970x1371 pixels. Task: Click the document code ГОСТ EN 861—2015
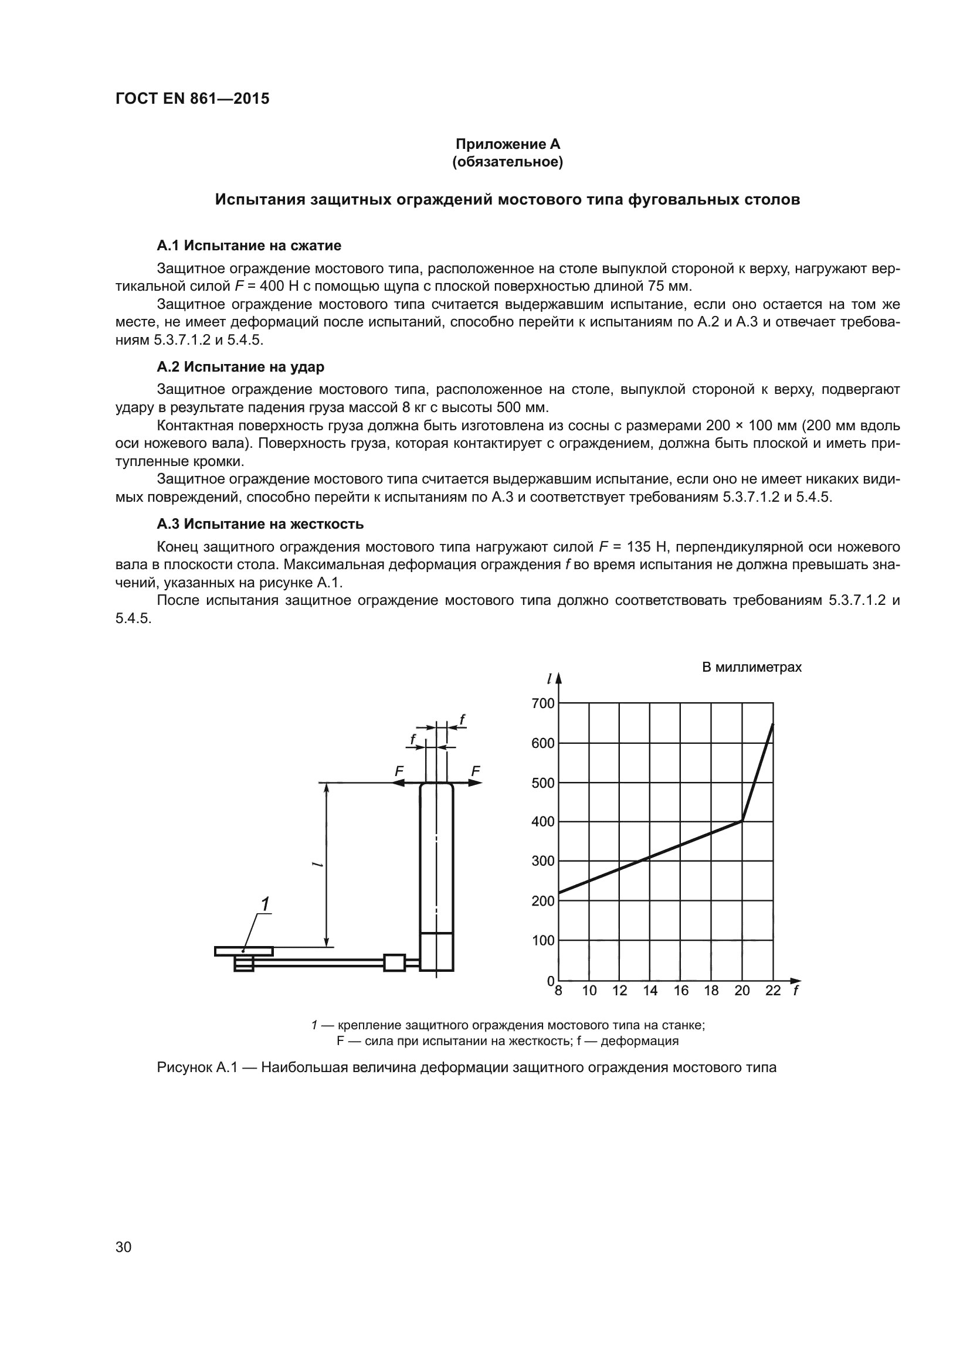tap(192, 98)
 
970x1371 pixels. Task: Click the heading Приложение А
tap(508, 144)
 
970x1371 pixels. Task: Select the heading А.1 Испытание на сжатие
tap(249, 246)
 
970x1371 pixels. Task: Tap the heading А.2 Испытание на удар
tap(240, 366)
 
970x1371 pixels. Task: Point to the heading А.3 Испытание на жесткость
tap(260, 524)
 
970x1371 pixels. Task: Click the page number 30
tap(124, 1247)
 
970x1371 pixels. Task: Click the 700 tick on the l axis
tap(542, 704)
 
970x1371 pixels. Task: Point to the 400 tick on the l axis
tap(542, 822)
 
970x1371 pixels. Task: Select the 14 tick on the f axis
tap(650, 991)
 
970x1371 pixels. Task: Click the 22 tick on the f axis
tap(772, 991)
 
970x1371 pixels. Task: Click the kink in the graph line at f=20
tap(742, 821)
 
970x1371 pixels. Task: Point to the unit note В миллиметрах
tap(751, 668)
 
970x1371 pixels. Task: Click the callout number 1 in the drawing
tap(264, 904)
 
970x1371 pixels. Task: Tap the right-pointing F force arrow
tap(474, 783)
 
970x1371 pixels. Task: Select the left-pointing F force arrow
tap(399, 783)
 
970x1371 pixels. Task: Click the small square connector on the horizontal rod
tap(394, 962)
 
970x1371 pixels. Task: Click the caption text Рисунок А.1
tap(198, 1067)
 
